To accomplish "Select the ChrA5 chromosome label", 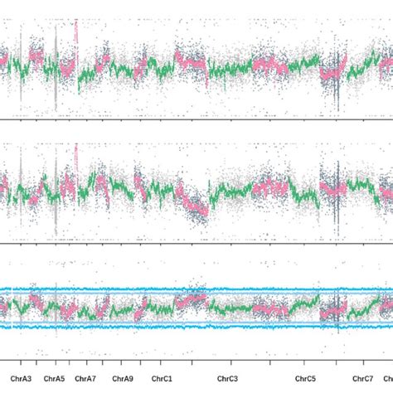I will (x=55, y=380).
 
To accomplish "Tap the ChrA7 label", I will (x=86, y=380).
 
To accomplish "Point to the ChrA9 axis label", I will (x=122, y=380).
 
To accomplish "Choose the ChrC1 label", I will (x=162, y=380).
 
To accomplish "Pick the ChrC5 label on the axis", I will (x=305, y=380).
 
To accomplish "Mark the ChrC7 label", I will (x=362, y=380).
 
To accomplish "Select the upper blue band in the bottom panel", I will (x=196, y=289).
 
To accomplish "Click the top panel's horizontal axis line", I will (x=196, y=120).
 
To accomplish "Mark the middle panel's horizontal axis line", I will (x=196, y=243).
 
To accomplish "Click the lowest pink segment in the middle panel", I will (x=196, y=206).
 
